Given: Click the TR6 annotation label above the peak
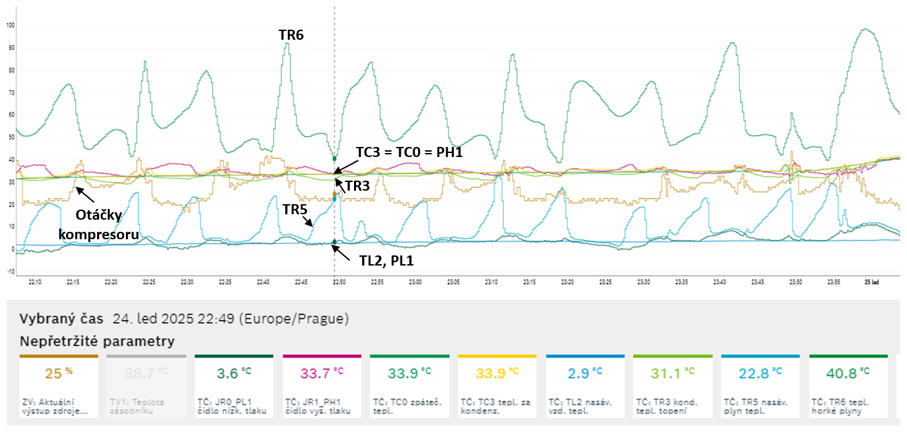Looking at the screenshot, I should pyautogui.click(x=291, y=35).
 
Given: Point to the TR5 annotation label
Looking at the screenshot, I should pyautogui.click(x=295, y=209).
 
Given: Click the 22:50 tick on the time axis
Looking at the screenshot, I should pyautogui.click(x=334, y=282).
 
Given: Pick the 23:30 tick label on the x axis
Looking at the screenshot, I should pyautogui.click(x=644, y=282).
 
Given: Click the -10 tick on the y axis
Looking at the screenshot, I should pyautogui.click(x=10, y=272).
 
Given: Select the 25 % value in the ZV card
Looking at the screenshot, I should pyautogui.click(x=57, y=373).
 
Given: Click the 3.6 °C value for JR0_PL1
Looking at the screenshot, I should pyautogui.click(x=233, y=373).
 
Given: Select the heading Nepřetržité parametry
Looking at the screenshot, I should pyautogui.click(x=96, y=341).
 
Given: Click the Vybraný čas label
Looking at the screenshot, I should pyautogui.click(x=61, y=319).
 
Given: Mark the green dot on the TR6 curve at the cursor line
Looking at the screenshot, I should pyautogui.click(x=334, y=158).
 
